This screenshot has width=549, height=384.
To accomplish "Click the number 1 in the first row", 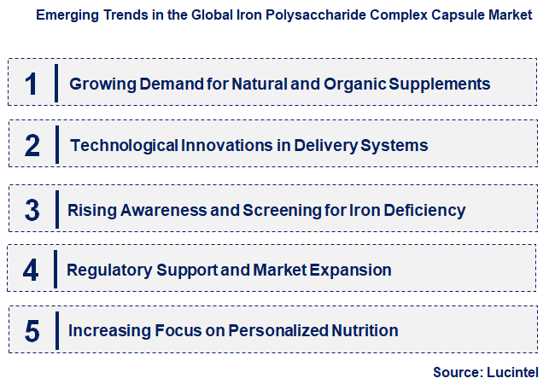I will (32, 84).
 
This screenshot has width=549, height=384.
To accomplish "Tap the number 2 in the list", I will (32, 146).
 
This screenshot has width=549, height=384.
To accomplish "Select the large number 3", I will (32, 210).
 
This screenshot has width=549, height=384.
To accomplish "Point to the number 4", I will (32, 271).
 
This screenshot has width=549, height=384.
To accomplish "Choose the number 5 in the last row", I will (32, 331).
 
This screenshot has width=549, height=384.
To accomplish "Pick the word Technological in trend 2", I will (124, 146).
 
